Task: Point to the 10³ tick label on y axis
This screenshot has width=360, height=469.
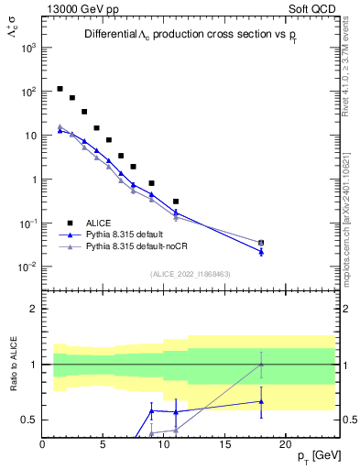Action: click(x=28, y=48)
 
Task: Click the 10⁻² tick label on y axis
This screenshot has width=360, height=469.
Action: click(x=28, y=267)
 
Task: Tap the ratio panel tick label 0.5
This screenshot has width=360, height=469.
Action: click(x=28, y=420)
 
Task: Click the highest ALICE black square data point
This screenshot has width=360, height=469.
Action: click(x=60, y=89)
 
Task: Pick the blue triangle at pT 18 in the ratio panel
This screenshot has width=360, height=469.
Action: click(x=261, y=401)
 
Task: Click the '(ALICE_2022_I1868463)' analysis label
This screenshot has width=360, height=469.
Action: click(x=191, y=274)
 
